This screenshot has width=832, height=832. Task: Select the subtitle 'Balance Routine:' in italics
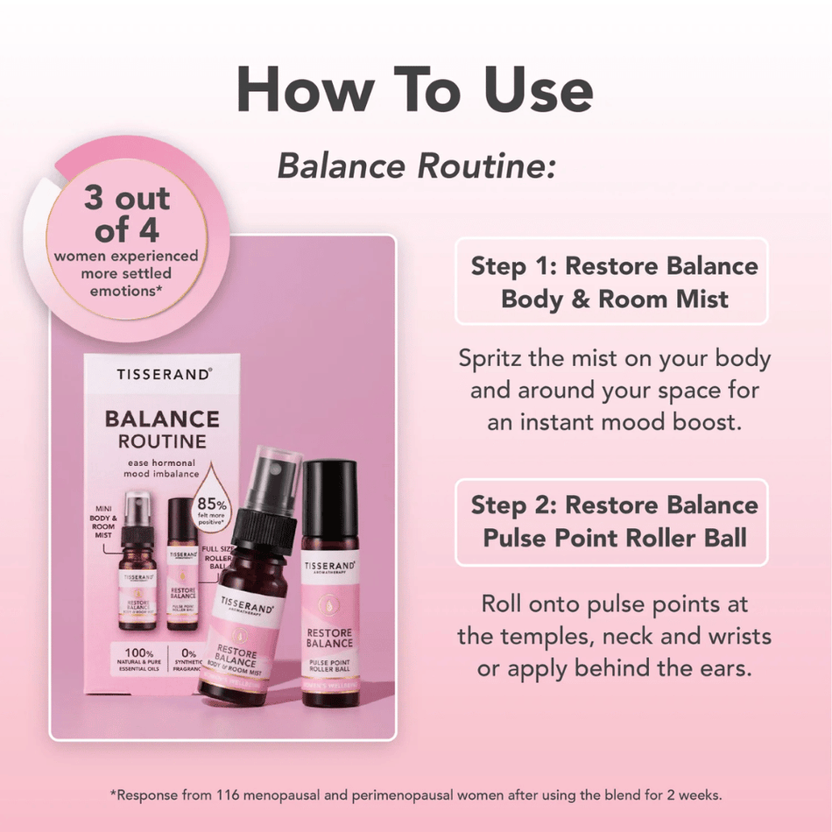(x=417, y=166)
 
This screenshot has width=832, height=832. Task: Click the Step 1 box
(x=613, y=282)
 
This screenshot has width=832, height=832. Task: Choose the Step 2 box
(x=613, y=521)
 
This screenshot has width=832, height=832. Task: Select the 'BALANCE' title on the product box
(x=162, y=418)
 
